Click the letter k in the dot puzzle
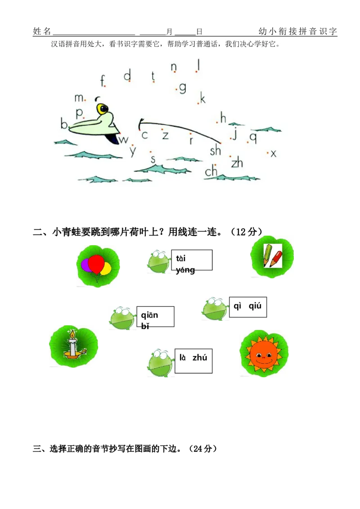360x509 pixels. point(203,98)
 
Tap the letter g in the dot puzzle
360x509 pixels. point(183,88)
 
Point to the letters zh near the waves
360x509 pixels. point(237,162)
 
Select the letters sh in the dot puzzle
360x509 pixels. point(216,150)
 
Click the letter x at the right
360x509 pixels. point(274,153)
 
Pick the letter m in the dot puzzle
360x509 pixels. point(79,98)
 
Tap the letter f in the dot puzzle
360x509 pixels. point(103,80)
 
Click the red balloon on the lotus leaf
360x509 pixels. point(96,264)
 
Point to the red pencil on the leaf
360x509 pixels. point(276,259)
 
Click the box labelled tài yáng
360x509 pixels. point(192,260)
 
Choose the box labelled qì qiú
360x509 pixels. point(248,307)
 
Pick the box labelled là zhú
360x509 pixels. point(193,361)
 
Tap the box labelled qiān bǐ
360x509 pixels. point(155,317)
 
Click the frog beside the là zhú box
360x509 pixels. point(160,363)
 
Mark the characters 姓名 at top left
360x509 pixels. point(42,31)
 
